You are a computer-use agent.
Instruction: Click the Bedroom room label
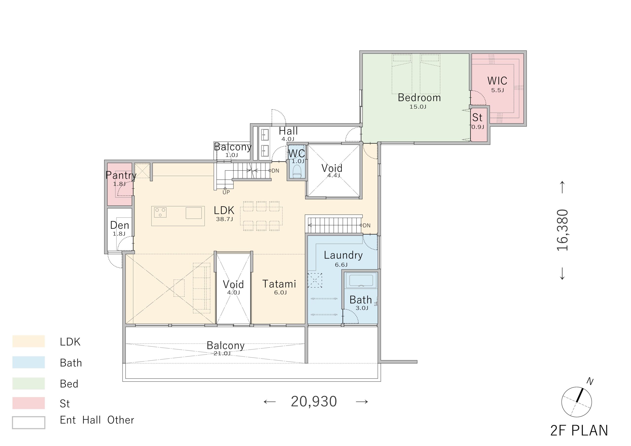(419, 98)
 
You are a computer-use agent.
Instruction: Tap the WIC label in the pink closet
(497, 81)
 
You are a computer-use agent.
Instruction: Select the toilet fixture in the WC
(297, 172)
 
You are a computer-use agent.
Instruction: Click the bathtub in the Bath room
(361, 281)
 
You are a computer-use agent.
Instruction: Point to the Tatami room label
(279, 284)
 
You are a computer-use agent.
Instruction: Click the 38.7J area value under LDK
(224, 219)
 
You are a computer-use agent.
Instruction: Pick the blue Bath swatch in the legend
(29, 362)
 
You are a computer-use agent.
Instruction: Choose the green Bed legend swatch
(29, 383)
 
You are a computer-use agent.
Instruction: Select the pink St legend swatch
(29, 403)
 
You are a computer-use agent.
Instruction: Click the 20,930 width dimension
(314, 402)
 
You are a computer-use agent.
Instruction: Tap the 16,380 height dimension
(562, 230)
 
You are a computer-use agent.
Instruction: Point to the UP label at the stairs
(226, 192)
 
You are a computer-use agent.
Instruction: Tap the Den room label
(120, 225)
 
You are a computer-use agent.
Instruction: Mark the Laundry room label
(343, 255)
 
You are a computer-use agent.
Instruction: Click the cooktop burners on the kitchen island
(160, 212)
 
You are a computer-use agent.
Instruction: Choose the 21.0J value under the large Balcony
(222, 353)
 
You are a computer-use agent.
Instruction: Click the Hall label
(288, 131)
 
